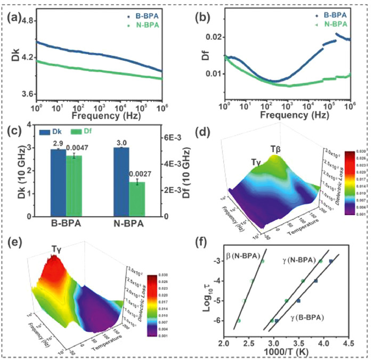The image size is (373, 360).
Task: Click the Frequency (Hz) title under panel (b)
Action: (x=287, y=113)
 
